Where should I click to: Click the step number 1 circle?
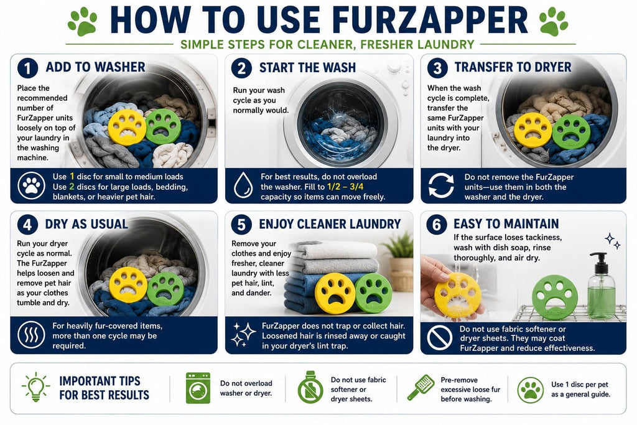coord(27,67)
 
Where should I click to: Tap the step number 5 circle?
coord(242,224)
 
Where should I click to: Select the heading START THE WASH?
coord(307,67)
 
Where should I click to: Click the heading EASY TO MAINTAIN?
coord(506,224)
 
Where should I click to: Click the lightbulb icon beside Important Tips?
coord(36,387)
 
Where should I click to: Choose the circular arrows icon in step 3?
coord(441,185)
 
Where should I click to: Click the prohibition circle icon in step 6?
coord(440,337)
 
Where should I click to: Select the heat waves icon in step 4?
coord(31,335)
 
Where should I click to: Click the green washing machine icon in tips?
coord(198,388)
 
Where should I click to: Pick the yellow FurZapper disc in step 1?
coord(127,127)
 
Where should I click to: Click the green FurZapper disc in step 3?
coord(571,132)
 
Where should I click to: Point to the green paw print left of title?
coord(83,21)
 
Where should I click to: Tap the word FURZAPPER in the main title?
coord(432,19)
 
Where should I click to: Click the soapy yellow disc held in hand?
coord(457,295)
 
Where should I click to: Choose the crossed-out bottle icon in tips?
coord(310,388)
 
